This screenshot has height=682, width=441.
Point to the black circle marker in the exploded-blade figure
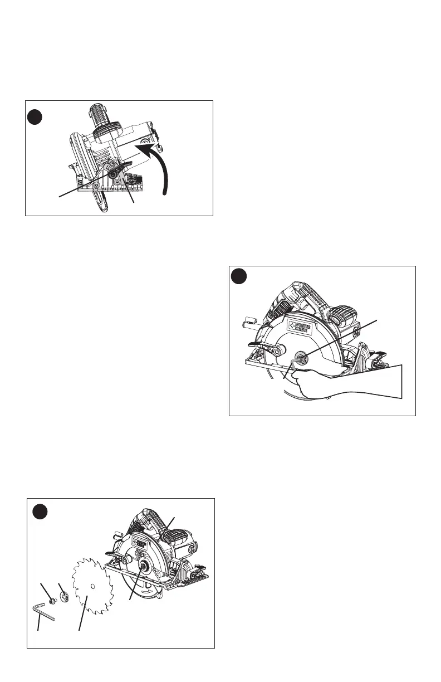(39, 511)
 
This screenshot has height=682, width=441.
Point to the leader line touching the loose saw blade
(83, 613)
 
